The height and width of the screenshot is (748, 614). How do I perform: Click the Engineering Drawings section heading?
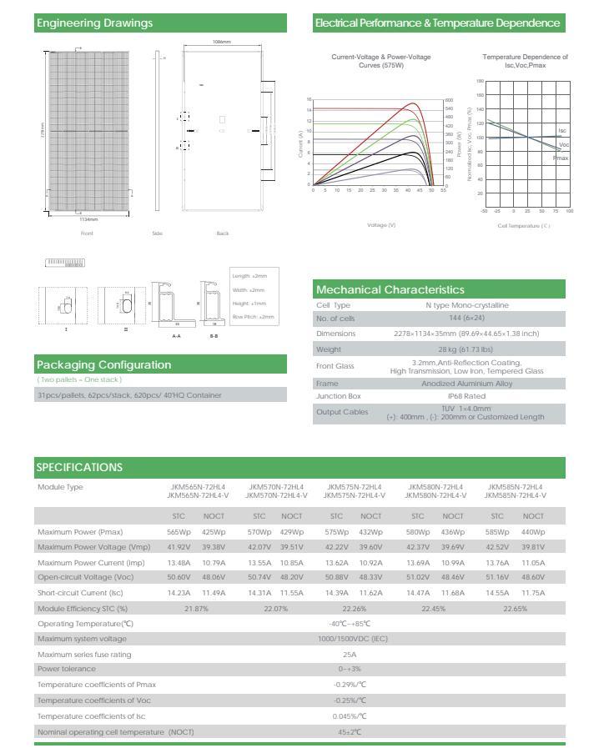click(94, 23)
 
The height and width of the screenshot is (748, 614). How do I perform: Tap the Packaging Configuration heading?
click(103, 364)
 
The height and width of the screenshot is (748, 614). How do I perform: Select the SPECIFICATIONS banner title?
click(79, 467)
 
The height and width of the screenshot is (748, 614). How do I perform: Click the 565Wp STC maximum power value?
click(179, 532)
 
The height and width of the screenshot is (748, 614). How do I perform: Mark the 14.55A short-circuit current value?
click(497, 593)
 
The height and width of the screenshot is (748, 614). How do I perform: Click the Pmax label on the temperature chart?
click(561, 158)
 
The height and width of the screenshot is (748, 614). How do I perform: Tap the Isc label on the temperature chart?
click(562, 131)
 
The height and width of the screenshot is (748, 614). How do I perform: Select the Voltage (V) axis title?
click(381, 225)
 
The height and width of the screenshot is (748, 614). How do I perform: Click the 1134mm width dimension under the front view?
click(88, 219)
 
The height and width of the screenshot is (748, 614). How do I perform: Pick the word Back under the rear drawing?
click(223, 233)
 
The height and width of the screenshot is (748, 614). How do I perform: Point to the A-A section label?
click(176, 335)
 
